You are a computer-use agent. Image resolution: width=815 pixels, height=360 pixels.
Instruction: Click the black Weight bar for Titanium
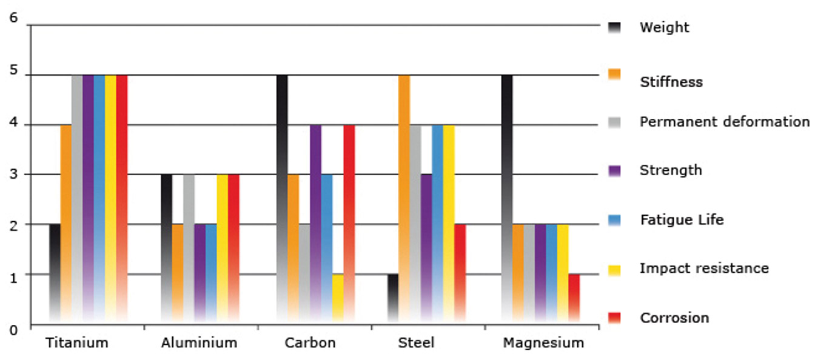point(55,273)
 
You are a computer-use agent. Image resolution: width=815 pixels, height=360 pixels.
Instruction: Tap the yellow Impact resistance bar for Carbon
point(338,298)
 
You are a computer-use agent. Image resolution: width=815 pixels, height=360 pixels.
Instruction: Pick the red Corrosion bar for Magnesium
point(574,298)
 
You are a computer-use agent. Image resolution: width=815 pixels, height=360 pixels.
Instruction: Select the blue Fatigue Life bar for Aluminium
point(211,273)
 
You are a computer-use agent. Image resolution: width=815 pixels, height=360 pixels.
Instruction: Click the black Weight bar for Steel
point(393,298)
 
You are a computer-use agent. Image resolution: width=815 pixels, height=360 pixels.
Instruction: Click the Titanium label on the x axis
point(77,343)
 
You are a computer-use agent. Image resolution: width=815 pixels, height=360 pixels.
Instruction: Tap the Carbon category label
point(310,343)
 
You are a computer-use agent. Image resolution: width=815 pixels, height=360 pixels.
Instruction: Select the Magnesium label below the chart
point(543,343)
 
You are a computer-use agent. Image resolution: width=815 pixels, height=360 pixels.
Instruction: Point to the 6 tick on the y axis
point(14,18)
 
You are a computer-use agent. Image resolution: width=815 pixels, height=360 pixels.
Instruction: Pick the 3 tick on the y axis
point(14,175)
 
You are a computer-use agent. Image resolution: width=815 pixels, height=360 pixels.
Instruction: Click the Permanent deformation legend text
point(724,122)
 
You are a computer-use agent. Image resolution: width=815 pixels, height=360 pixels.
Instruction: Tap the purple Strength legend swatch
point(614,171)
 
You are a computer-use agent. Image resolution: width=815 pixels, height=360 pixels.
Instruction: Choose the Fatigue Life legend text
point(682,219)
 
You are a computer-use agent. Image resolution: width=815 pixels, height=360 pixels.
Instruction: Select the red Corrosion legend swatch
point(614,318)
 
